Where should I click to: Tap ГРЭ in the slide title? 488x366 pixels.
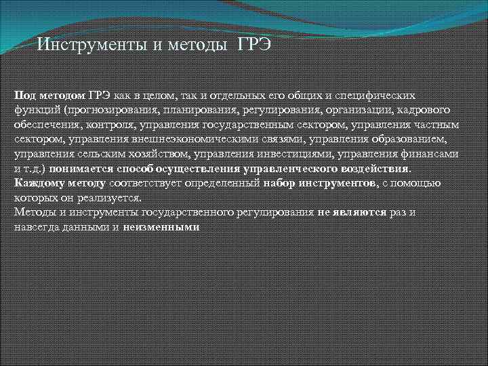click(x=254, y=45)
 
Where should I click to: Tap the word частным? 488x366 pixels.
click(x=436, y=125)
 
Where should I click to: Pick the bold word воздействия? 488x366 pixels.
click(x=376, y=169)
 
